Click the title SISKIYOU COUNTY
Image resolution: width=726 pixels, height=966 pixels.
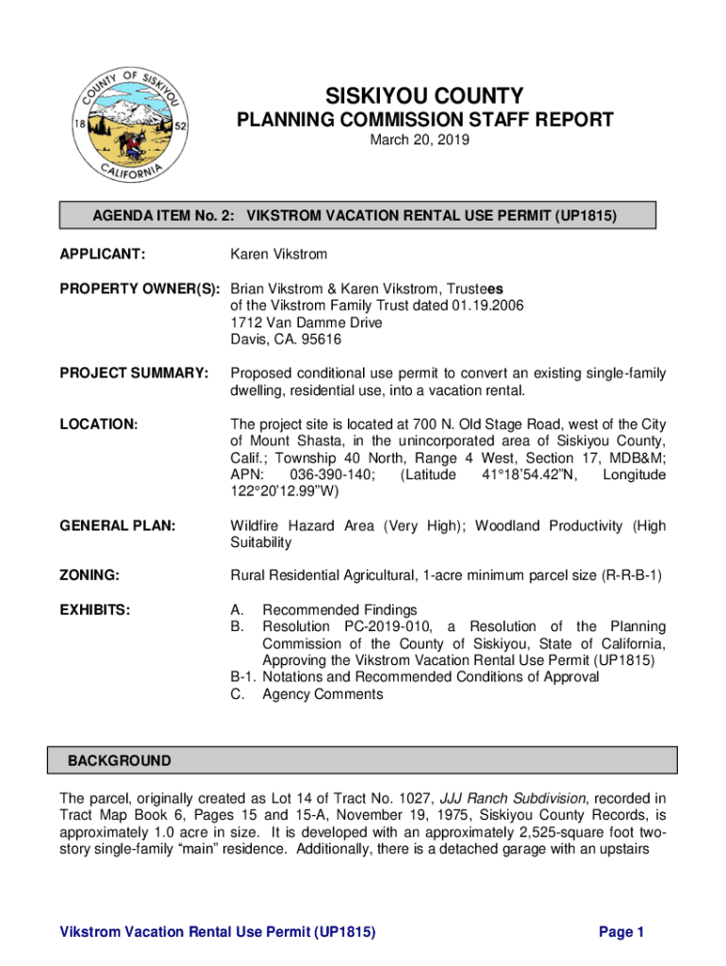point(424,96)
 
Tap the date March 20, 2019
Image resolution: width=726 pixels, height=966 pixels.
point(424,141)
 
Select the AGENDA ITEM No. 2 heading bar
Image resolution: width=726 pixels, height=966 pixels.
point(357,216)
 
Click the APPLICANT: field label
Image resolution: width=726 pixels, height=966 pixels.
point(103,255)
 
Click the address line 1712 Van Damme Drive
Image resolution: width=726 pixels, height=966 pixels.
point(306,323)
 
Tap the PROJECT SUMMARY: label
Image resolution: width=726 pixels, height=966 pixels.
point(133,375)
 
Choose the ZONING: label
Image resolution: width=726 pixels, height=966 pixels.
point(91,575)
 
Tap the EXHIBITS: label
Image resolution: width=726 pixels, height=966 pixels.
point(95,610)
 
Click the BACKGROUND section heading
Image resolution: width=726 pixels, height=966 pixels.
point(120,760)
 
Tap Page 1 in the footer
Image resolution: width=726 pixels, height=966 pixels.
point(621,932)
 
